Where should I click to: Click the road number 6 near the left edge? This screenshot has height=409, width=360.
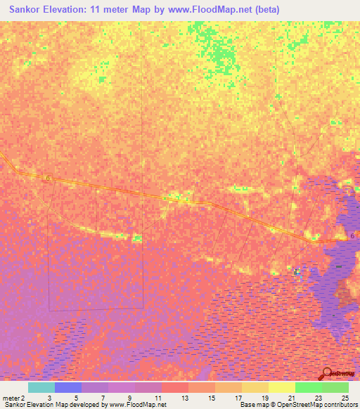[49, 178]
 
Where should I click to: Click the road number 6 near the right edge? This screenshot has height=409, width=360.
[352, 236]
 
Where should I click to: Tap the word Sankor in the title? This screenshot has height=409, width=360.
[22, 10]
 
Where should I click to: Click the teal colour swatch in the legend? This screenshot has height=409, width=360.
[41, 387]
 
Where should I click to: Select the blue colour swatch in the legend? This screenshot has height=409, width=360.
[68, 387]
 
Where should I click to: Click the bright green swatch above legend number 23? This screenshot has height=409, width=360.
[309, 387]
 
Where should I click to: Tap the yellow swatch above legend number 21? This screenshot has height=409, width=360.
[282, 387]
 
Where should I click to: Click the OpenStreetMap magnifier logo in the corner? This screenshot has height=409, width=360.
[328, 374]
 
